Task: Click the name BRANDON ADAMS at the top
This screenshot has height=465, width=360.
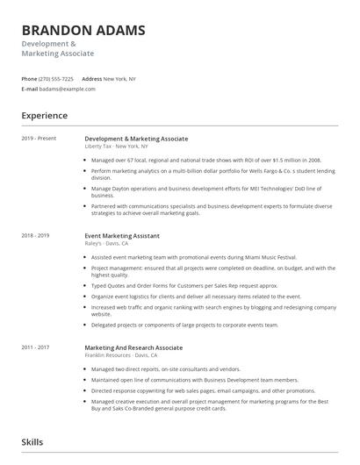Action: click(x=83, y=31)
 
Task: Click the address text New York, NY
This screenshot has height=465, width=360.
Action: click(x=119, y=79)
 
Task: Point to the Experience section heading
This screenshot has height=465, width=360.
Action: click(x=44, y=115)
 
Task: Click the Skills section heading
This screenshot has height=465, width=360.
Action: click(x=32, y=441)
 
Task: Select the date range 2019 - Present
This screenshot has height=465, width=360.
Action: click(x=38, y=139)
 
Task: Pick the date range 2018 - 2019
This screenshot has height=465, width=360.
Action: click(x=35, y=236)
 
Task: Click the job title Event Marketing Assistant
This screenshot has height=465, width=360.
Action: click(x=123, y=236)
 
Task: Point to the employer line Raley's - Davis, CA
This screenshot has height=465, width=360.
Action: click(x=107, y=244)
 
